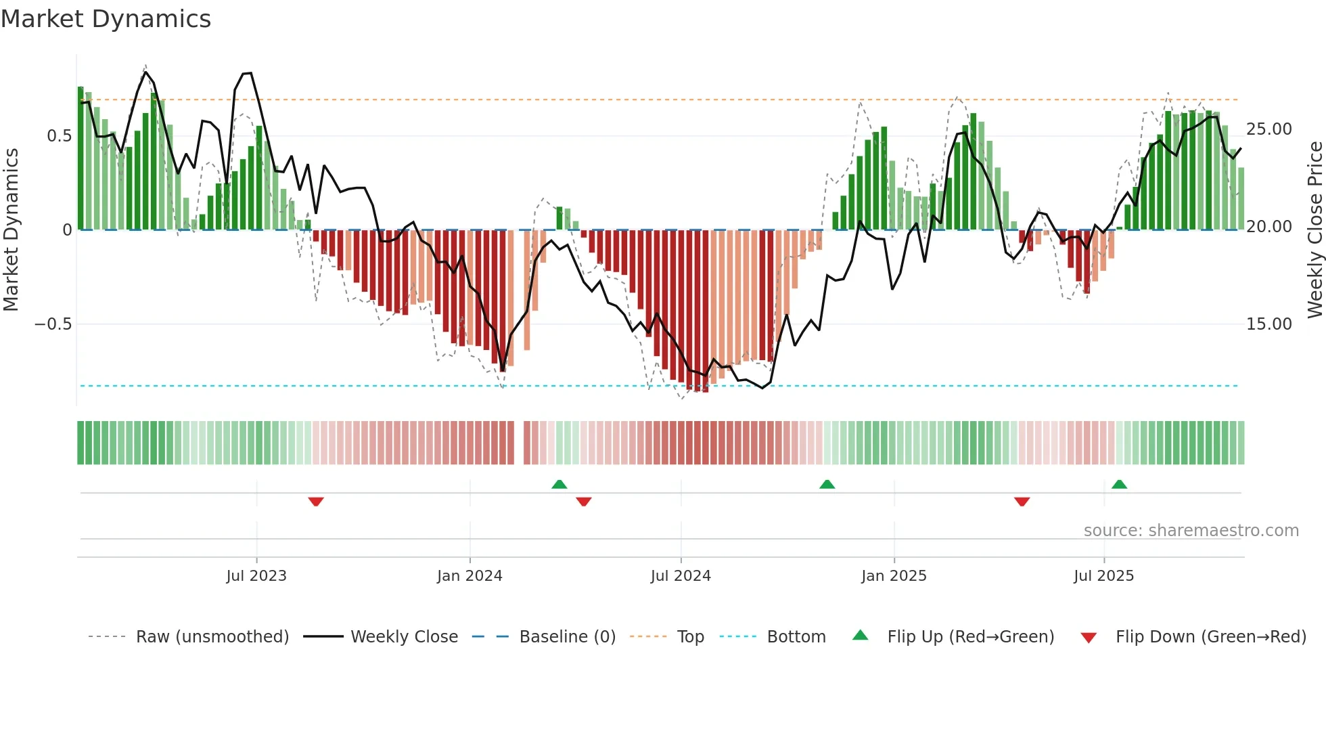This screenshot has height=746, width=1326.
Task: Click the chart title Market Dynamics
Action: pyautogui.click(x=106, y=19)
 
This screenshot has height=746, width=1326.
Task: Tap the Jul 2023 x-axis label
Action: pyautogui.click(x=256, y=576)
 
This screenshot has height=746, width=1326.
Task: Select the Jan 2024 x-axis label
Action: pyautogui.click(x=470, y=576)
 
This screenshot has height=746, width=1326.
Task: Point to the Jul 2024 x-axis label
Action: pyautogui.click(x=681, y=576)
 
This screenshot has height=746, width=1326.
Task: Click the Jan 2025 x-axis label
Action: pyautogui.click(x=894, y=576)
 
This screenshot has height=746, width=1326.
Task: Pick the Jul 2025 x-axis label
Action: pyautogui.click(x=1103, y=576)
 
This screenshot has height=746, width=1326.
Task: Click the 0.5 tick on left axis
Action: pyautogui.click(x=59, y=136)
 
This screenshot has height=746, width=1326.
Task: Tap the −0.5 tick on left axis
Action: pyautogui.click(x=53, y=324)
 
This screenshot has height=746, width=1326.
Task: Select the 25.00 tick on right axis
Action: pyautogui.click(x=1268, y=129)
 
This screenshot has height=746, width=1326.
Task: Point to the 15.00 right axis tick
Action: pyautogui.click(x=1268, y=324)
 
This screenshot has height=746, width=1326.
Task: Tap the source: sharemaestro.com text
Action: pyautogui.click(x=1191, y=531)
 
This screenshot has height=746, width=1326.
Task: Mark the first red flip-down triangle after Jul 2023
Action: pyautogui.click(x=316, y=502)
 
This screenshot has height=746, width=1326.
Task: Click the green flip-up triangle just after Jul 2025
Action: pyautogui.click(x=1119, y=484)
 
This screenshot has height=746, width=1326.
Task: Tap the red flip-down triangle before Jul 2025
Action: pyautogui.click(x=1022, y=502)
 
